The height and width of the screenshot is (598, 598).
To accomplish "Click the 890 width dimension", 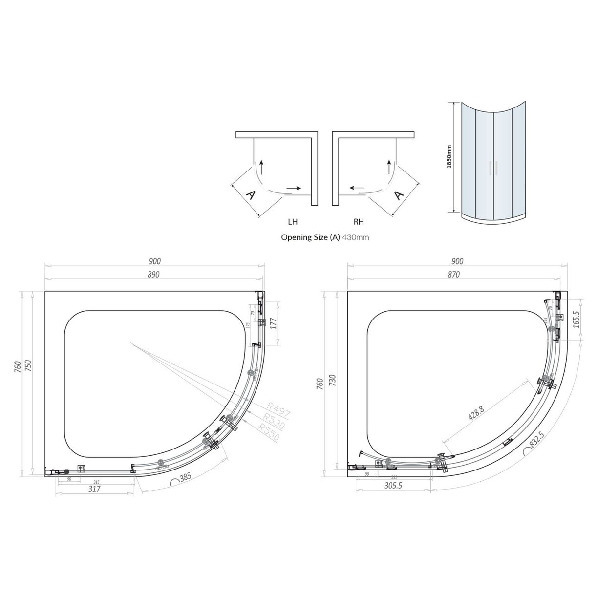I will point(153,275).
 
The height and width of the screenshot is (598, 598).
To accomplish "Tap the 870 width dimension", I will point(453,275).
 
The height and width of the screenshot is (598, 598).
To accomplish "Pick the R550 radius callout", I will point(269,432).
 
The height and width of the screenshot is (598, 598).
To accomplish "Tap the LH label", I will point(293,222).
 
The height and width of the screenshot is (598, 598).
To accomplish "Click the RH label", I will point(358,222).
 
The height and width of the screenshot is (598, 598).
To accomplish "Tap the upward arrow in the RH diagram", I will point(389,167).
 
